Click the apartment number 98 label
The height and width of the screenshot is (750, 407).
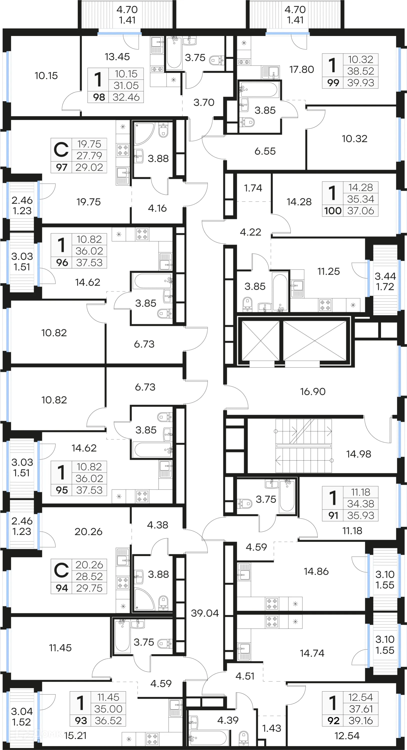(99, 97)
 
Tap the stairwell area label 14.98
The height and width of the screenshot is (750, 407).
(358, 454)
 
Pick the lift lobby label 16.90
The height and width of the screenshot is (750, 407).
(313, 391)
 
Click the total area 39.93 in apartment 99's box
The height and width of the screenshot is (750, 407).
(360, 83)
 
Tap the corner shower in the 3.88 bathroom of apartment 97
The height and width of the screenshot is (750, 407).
(143, 133)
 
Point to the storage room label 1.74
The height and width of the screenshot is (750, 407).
(253, 188)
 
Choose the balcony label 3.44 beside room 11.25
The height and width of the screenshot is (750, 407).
(385, 276)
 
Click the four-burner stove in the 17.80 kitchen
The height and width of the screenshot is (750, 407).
(244, 62)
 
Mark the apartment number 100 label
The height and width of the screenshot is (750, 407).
(333, 211)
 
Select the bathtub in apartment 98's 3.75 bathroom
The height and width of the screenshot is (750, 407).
(174, 53)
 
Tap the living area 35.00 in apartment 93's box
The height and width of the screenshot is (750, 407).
(108, 709)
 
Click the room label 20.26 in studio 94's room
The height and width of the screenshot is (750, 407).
(88, 532)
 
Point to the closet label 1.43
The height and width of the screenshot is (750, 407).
(271, 728)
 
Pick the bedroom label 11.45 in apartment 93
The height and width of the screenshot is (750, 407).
(60, 648)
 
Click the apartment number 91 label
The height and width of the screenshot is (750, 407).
(333, 515)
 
